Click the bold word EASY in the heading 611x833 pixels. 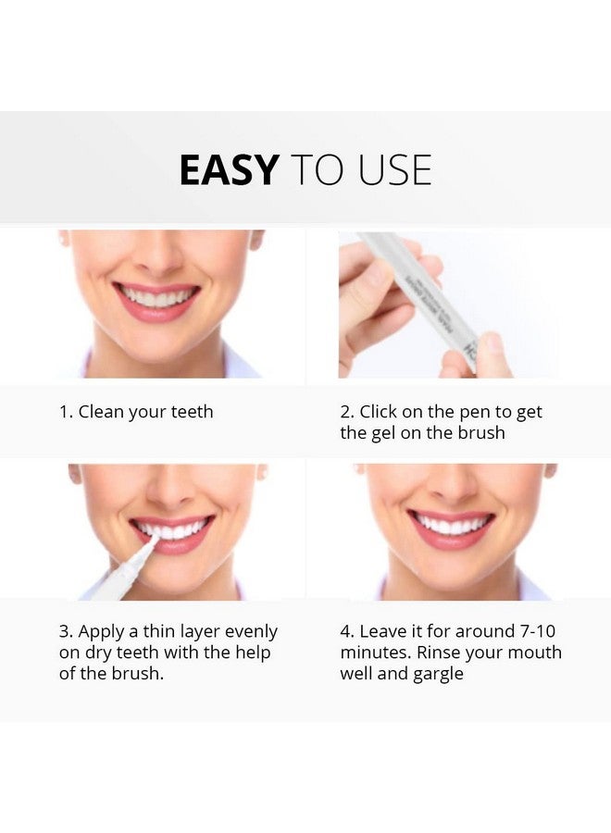pyautogui.click(x=228, y=170)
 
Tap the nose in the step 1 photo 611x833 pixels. pyautogui.click(x=159, y=262)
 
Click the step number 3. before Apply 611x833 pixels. pyautogui.click(x=66, y=631)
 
